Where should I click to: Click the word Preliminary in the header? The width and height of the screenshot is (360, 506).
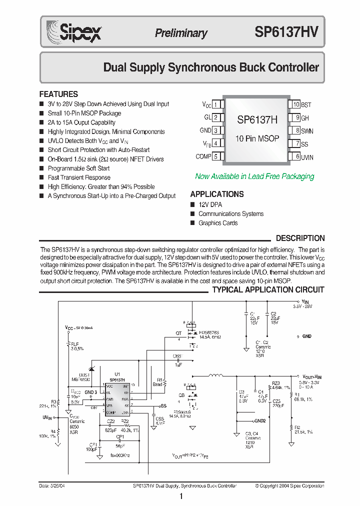[x=180, y=33]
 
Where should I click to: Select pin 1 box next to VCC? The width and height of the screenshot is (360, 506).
[x=215, y=104]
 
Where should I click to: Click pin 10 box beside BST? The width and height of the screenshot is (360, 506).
[x=296, y=104]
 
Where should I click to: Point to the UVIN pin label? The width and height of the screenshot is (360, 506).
[x=307, y=157]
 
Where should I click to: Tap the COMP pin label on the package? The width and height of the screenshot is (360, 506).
[x=203, y=156]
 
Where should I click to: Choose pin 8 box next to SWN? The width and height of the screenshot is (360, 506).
[x=296, y=130]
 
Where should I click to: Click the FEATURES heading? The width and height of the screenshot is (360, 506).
[x=58, y=94]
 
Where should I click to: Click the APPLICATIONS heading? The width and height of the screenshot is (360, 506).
[x=217, y=194]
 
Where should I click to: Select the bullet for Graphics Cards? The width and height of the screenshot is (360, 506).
[x=192, y=223]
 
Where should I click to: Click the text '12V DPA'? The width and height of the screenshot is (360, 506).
[x=210, y=204]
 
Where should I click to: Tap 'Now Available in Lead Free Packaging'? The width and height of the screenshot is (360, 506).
[x=254, y=176]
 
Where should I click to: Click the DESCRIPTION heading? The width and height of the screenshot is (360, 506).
[x=300, y=238]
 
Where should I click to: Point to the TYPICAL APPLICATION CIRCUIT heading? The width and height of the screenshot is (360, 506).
[x=268, y=289]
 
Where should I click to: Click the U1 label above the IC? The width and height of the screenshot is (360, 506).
[x=117, y=374]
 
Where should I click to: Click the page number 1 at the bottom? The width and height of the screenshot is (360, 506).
[x=180, y=496]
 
